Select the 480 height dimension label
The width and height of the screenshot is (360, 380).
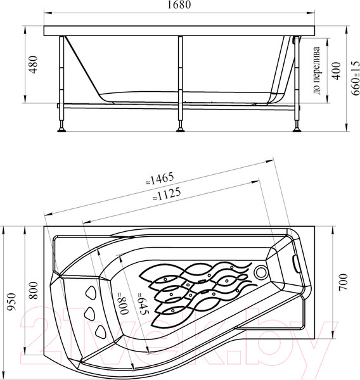click(x=33, y=65)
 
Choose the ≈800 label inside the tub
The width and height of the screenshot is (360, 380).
click(x=123, y=303)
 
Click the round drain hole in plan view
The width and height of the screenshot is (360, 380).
click(x=260, y=273)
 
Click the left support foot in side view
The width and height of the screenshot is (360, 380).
click(x=61, y=130)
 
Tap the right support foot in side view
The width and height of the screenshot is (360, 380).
click(x=296, y=130)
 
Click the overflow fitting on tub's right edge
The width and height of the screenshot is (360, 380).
click(x=296, y=260)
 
